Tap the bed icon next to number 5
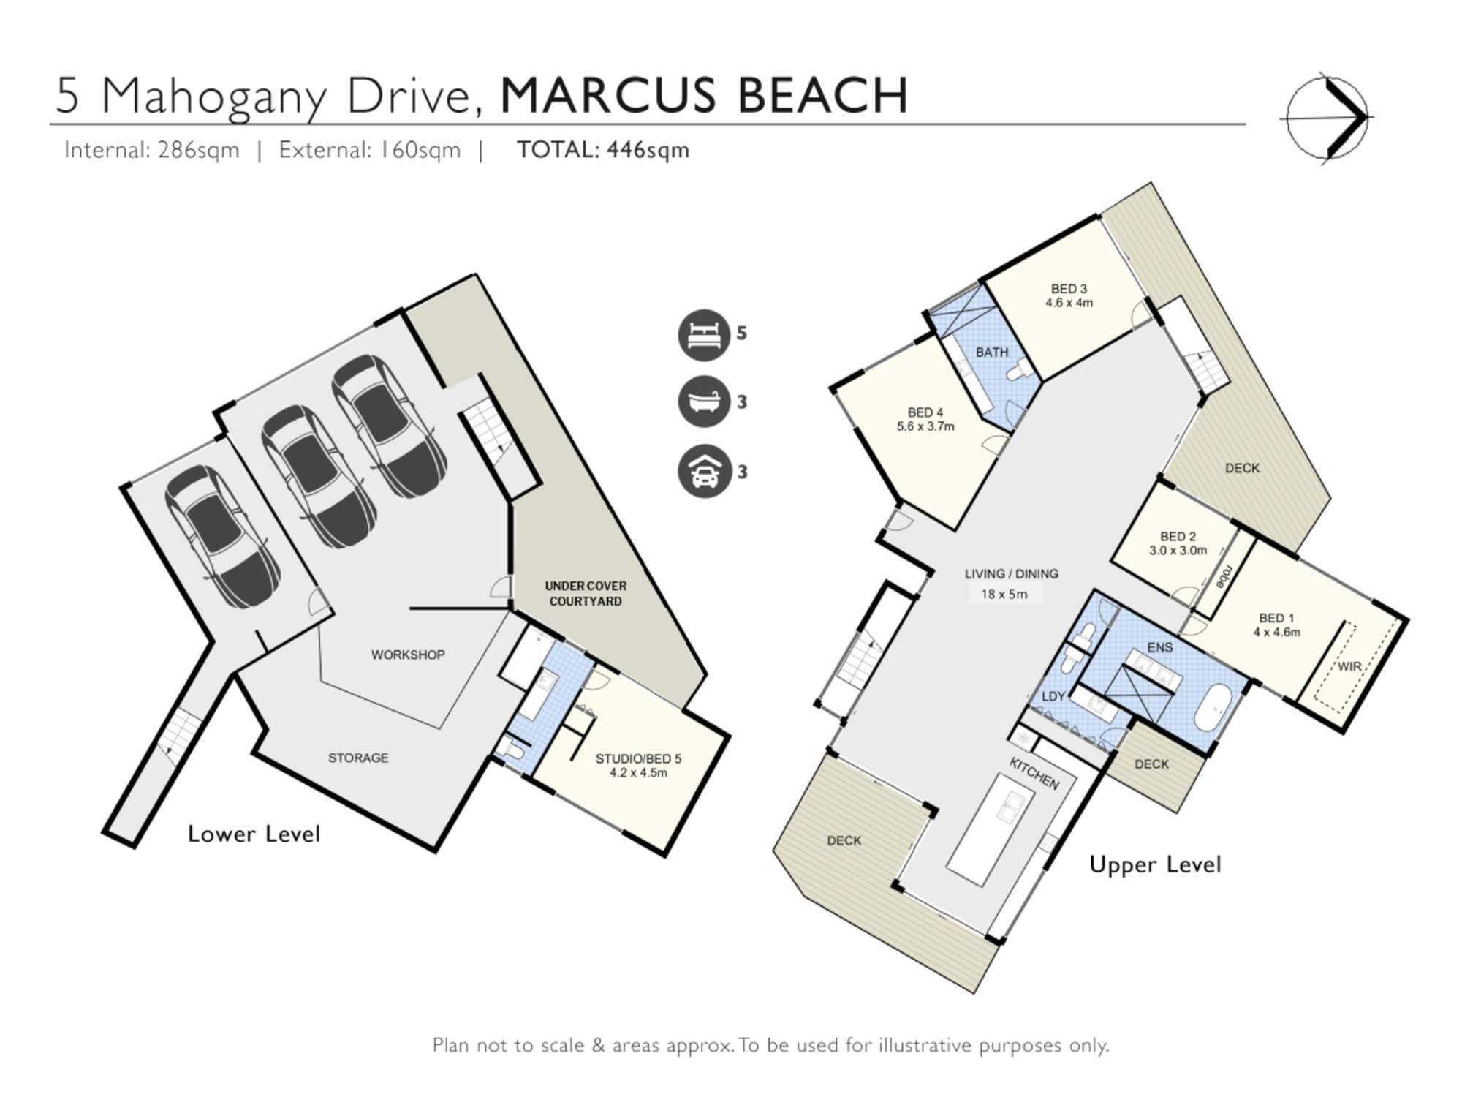tap(704, 335)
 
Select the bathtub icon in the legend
tap(704, 402)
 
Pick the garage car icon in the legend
tap(704, 472)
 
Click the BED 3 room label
tap(1069, 289)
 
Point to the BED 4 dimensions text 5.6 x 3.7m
tap(925, 426)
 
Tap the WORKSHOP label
tap(408, 655)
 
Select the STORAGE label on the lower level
tap(358, 758)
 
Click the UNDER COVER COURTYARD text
tap(586, 594)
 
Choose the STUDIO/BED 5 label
tap(638, 758)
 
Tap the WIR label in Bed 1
tap(1349, 667)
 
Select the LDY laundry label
tap(1053, 696)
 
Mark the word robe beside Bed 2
tap(1222, 576)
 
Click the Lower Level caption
tap(254, 834)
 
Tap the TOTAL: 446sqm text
tap(603, 150)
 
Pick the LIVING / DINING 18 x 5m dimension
tap(1004, 595)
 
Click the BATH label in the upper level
tap(992, 353)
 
